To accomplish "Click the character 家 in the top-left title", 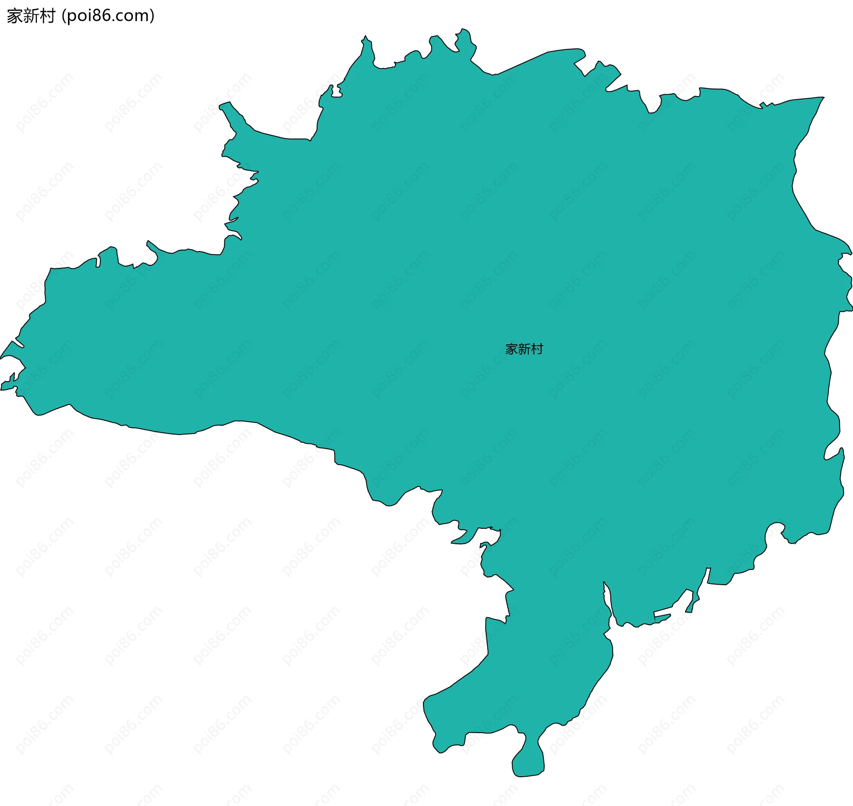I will [15, 16].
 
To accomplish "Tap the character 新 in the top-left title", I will [31, 16].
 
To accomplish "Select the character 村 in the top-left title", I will [47, 16].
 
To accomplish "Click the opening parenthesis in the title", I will [64, 16].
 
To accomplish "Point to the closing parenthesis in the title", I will [152, 16].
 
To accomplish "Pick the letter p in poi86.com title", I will [72, 17].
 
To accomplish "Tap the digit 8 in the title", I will [97, 16].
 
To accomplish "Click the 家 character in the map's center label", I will [511, 349].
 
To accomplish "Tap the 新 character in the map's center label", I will [524, 349].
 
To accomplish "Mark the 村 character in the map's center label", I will [537, 349].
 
